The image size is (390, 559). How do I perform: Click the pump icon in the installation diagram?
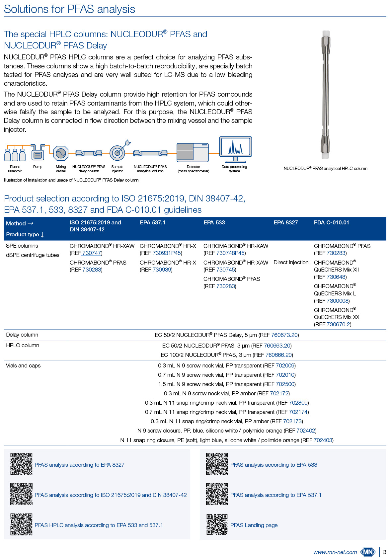[x=38, y=153]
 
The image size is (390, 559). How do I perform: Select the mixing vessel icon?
[x=61, y=153]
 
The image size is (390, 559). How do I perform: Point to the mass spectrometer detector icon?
[x=193, y=152]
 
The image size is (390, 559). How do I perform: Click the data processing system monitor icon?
[x=235, y=148]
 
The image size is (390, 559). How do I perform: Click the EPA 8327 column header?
[x=285, y=222]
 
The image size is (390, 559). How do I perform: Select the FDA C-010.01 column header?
[x=331, y=222]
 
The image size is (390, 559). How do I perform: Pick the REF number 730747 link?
[x=92, y=253]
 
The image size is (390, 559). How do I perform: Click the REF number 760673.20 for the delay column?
[x=284, y=335]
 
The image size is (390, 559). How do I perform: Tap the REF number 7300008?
[x=338, y=301]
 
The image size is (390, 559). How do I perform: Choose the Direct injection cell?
[x=291, y=262]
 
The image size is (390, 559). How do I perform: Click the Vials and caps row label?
[x=23, y=365]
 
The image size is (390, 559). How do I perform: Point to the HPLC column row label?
[x=23, y=345]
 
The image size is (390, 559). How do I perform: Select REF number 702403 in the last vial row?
[x=323, y=440]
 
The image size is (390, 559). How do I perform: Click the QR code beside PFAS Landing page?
[x=217, y=524]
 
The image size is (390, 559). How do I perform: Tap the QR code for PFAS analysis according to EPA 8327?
[x=21, y=464]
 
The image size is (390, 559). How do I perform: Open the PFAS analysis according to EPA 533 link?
[x=273, y=465]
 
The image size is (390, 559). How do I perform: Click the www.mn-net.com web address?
[x=335, y=552]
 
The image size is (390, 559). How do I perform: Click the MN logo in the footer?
[x=368, y=552]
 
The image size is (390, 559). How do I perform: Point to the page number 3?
[x=384, y=552]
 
